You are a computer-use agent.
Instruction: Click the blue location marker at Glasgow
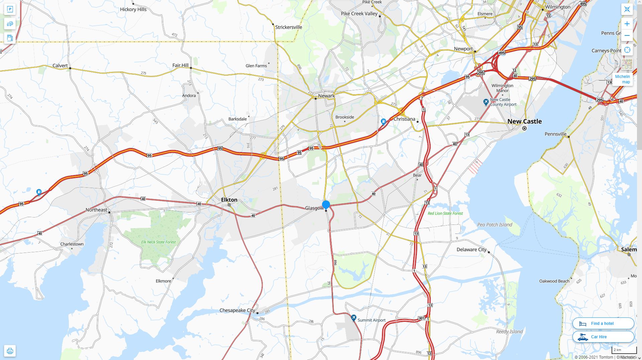click(326, 204)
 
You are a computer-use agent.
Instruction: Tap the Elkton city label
click(229, 200)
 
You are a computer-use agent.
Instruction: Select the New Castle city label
click(524, 121)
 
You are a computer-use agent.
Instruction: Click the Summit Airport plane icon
click(353, 318)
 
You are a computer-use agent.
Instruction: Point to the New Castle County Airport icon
click(486, 102)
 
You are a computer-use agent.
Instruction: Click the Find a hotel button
click(603, 324)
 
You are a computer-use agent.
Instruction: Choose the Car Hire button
click(603, 337)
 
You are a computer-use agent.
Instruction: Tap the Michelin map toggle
click(622, 79)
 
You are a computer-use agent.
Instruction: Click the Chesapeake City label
click(237, 310)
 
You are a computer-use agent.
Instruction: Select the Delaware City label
click(471, 250)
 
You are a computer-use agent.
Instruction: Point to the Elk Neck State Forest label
click(158, 242)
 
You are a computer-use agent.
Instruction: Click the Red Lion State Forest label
click(445, 213)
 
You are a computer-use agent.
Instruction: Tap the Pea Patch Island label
click(495, 225)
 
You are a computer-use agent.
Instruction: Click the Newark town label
click(326, 96)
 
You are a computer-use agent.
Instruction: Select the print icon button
click(10, 351)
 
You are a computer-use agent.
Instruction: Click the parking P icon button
click(10, 9)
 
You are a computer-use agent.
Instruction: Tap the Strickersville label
click(289, 27)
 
